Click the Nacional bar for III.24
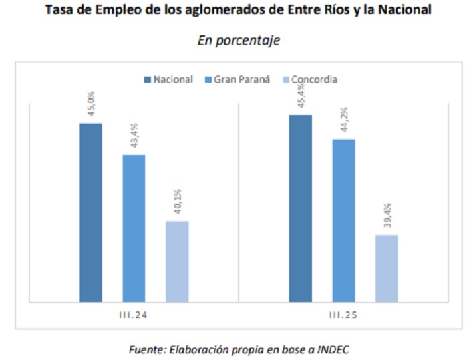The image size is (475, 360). coord(90,212)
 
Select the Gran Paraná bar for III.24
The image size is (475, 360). coord(134,228)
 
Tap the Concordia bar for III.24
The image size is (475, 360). coord(177,260)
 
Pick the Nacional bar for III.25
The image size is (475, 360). coord(300,208)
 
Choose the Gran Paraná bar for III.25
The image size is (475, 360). coord(343,220)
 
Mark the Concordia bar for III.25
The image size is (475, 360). coord(387,268)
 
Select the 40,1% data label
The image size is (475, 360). coord(178,203)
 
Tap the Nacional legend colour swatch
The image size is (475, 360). coord(148,79)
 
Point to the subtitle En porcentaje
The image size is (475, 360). coord(238,40)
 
